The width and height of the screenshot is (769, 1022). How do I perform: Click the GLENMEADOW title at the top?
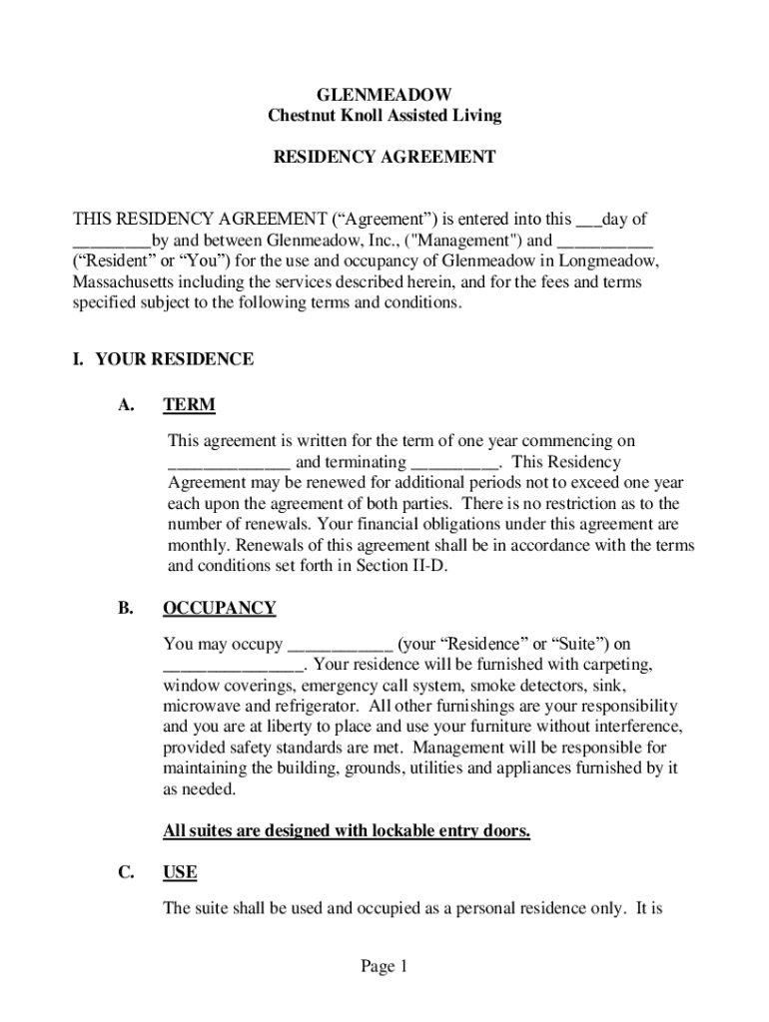point(384,95)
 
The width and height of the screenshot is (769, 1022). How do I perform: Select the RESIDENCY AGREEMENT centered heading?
point(384,158)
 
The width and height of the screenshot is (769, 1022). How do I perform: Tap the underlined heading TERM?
point(189,406)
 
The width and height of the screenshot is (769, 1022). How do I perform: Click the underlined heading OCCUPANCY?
point(219,609)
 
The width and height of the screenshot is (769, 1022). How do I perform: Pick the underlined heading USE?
point(180,873)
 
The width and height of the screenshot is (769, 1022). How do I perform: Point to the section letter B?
point(126,609)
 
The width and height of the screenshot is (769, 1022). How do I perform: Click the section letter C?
point(126,873)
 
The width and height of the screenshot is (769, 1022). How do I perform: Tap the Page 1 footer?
point(384,966)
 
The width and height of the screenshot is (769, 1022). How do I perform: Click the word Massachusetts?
point(124,282)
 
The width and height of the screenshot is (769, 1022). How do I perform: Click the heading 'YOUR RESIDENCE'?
point(174,359)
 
